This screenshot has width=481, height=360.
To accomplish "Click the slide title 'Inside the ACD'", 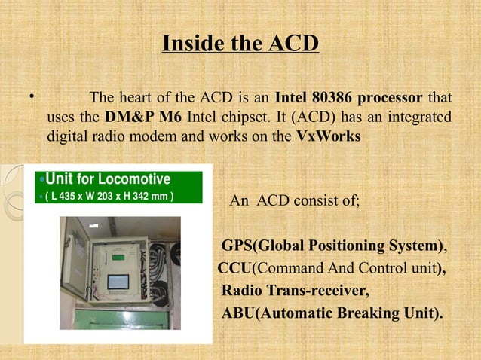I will [x=240, y=43].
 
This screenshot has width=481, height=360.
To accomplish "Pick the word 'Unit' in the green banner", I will [x=59, y=179].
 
